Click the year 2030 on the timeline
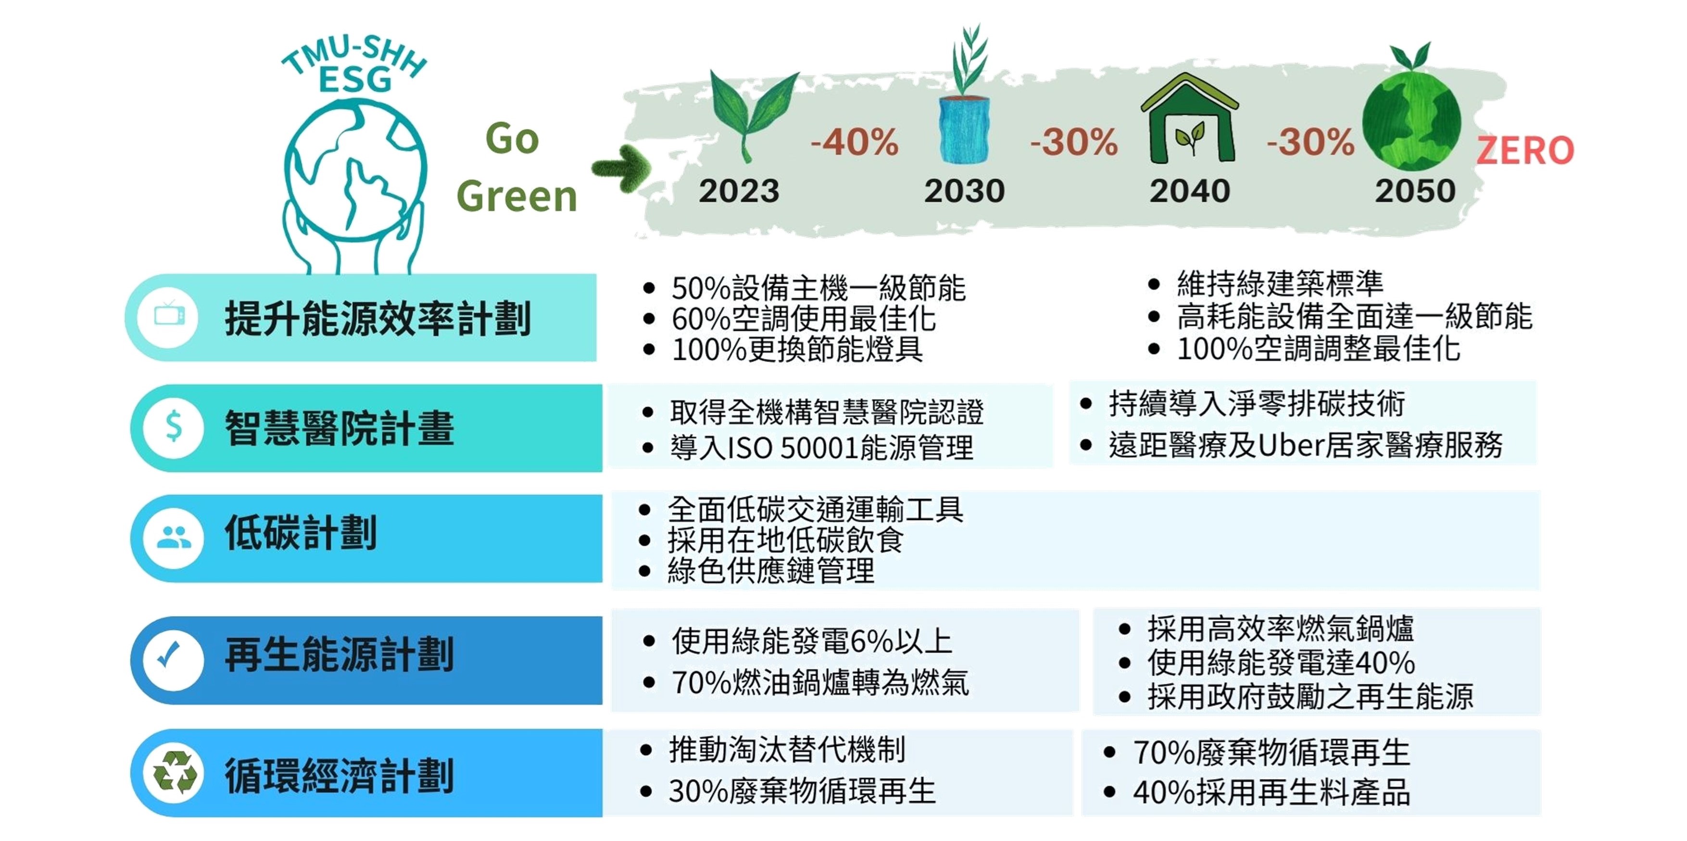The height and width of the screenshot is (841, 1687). tap(964, 191)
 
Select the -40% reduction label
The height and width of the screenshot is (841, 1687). tap(855, 142)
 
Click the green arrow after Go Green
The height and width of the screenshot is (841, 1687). tap(621, 168)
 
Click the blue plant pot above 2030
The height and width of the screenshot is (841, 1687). tap(964, 130)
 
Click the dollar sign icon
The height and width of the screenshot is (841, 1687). tap(174, 427)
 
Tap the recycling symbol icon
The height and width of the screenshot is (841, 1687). tap(174, 773)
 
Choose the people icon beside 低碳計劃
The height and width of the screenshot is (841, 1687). tap(174, 537)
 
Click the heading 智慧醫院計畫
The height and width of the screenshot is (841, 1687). tap(339, 429)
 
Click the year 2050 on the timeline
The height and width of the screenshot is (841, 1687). tap(1414, 191)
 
